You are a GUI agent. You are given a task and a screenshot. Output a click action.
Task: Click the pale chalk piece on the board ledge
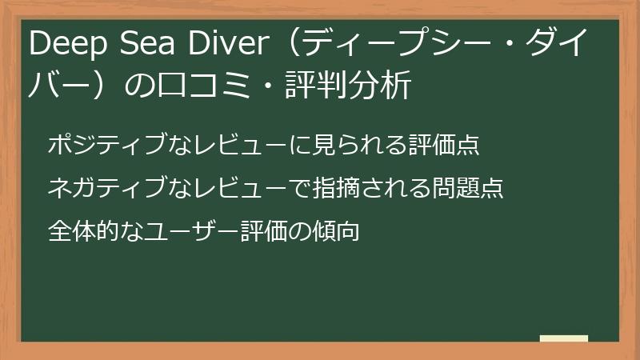(x=564, y=338)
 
